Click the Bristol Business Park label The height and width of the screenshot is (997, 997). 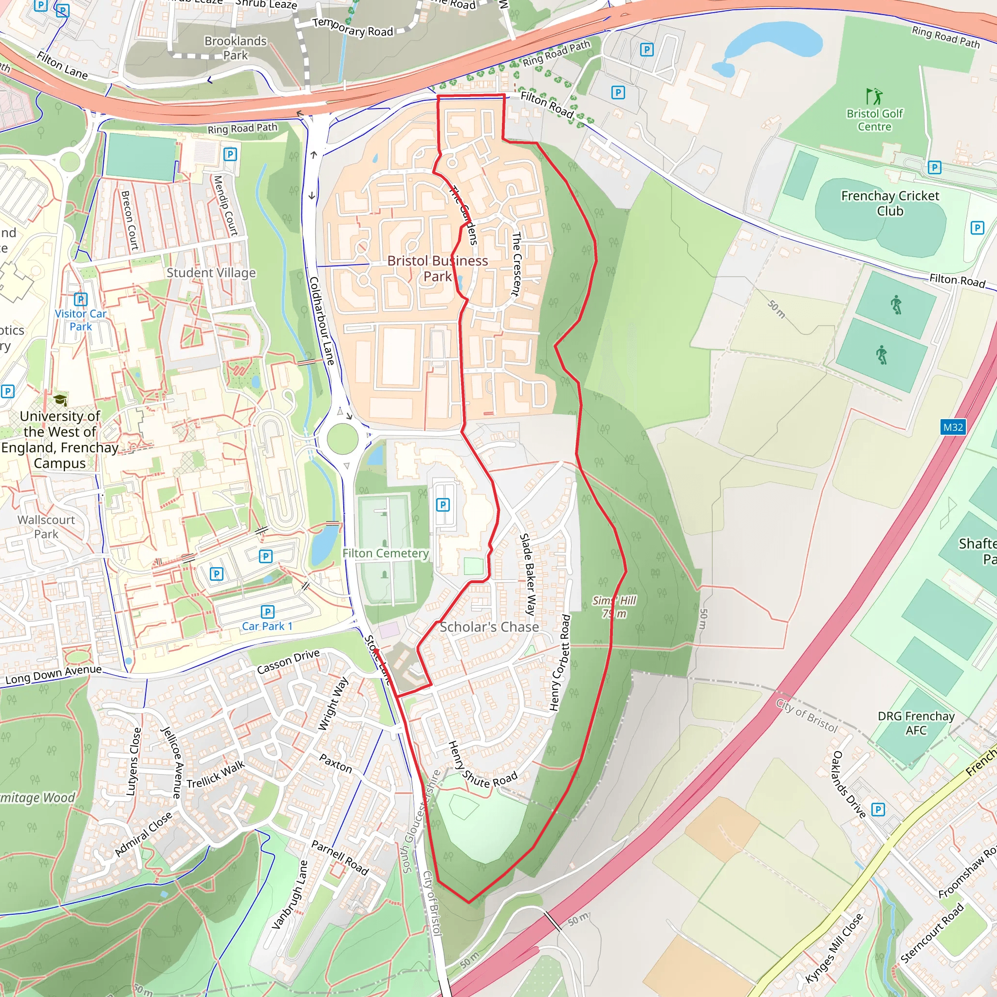(437, 268)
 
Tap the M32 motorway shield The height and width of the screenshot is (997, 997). (953, 427)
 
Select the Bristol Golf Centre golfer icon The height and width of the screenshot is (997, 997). (874, 96)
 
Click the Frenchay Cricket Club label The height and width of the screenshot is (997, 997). (890, 203)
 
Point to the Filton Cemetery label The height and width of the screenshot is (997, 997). (386, 553)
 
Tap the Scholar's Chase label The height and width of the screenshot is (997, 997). (489, 627)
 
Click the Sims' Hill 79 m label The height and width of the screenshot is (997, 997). (613, 607)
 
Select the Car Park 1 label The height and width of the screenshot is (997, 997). (267, 626)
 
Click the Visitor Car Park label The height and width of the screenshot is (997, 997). (80, 320)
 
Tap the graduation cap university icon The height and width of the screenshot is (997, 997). (60, 400)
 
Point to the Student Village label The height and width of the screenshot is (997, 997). (211, 273)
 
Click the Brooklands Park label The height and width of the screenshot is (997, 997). (235, 48)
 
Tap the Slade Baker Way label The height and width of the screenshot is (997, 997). (528, 574)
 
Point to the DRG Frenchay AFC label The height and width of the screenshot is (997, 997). (916, 723)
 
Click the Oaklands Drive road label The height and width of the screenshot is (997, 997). (849, 784)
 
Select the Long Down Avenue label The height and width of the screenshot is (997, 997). (54, 674)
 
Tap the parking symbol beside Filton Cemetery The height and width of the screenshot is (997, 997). (443, 505)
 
